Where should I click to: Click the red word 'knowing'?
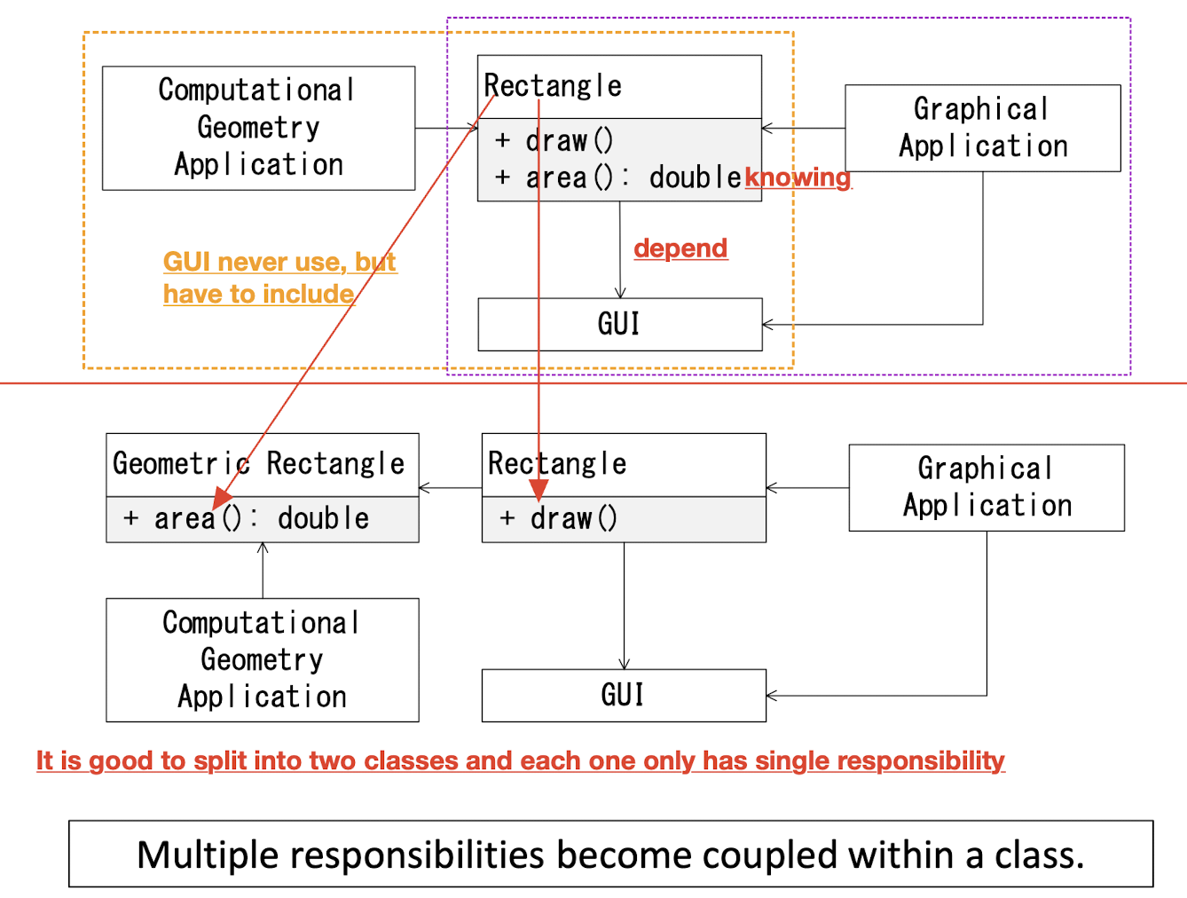tap(798, 177)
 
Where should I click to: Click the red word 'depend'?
tap(680, 248)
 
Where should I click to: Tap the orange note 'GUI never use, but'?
tap(279, 262)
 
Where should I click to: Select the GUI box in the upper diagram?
tap(619, 324)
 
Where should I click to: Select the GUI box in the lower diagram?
tap(623, 695)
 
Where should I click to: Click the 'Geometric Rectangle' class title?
tap(258, 464)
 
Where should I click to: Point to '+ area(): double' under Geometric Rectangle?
tap(246, 518)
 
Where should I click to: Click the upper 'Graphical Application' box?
tap(982, 128)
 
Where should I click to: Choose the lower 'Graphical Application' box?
tap(987, 487)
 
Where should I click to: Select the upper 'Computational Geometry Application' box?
tap(258, 128)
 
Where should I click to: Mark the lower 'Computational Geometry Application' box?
tap(262, 659)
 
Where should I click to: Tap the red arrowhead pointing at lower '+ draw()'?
tap(538, 491)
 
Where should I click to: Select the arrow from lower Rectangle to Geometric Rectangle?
tap(450, 488)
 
